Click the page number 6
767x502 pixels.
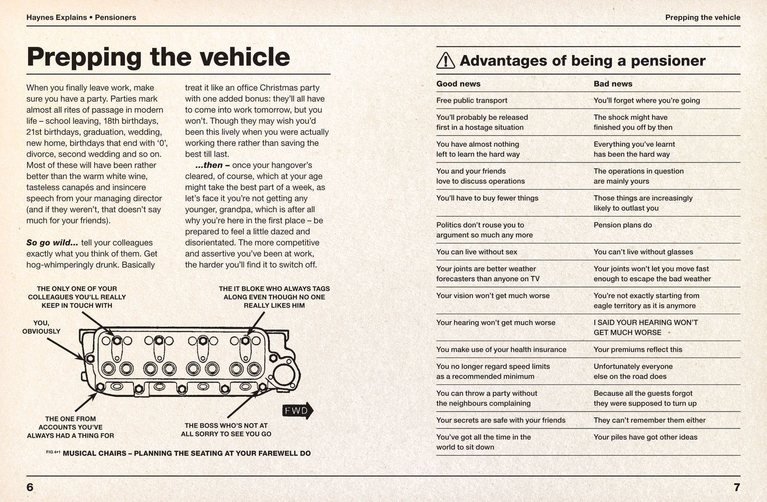pos(30,487)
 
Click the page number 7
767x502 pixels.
pos(736,487)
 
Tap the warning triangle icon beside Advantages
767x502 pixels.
pos(446,61)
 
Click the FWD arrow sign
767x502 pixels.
pos(297,411)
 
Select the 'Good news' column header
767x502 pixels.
pos(458,84)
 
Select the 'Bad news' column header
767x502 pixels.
pos(613,84)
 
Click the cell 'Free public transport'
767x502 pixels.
pos(471,101)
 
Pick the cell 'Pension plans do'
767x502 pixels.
pos(622,225)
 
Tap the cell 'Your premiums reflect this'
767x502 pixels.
pos(638,349)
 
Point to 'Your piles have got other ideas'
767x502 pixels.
pos(645,437)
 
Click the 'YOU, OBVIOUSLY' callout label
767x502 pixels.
pos(41,327)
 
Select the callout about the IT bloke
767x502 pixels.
pos(274,297)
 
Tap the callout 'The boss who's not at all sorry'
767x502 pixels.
pos(226,429)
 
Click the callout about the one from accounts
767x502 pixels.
pos(71,427)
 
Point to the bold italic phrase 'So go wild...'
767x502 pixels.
pos(52,243)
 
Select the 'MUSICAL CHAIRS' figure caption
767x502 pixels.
pos(186,453)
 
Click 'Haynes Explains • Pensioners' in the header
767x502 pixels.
pos(81,17)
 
